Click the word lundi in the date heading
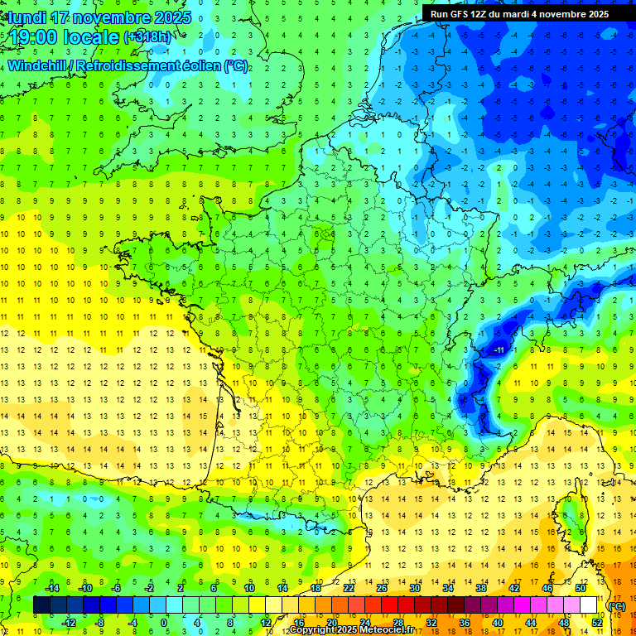(x=28, y=17)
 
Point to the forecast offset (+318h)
(x=148, y=37)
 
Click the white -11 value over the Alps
(x=499, y=351)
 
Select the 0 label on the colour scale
(x=163, y=622)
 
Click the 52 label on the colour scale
(x=596, y=622)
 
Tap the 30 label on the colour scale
(x=414, y=588)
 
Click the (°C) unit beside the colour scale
(x=616, y=605)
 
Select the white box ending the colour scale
(x=588, y=605)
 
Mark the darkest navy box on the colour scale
(x=41, y=605)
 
